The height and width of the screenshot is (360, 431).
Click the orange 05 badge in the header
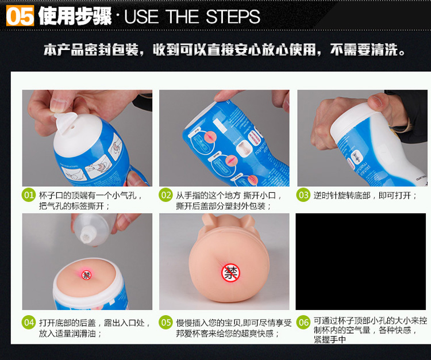[20, 16]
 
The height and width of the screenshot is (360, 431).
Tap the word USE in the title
[141, 17]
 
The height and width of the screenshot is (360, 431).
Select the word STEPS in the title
[233, 17]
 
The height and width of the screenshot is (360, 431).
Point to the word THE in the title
[182, 17]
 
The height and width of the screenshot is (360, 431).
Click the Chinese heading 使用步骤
[75, 16]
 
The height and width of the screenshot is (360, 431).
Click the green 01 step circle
[29, 195]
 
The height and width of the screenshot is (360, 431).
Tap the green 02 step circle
[166, 195]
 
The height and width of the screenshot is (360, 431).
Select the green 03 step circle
[303, 195]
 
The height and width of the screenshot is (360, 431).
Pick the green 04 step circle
[29, 322]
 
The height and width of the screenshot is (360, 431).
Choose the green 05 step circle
[166, 322]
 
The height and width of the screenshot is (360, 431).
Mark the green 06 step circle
[303, 322]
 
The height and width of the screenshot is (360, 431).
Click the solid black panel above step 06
[361, 262]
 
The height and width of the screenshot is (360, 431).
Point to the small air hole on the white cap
[72, 127]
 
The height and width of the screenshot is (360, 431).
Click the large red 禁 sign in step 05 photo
[230, 273]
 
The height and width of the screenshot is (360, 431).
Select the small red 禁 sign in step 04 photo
[87, 275]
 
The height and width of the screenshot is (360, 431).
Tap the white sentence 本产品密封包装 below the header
[91, 50]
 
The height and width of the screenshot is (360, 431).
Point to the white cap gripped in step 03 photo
[355, 118]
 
